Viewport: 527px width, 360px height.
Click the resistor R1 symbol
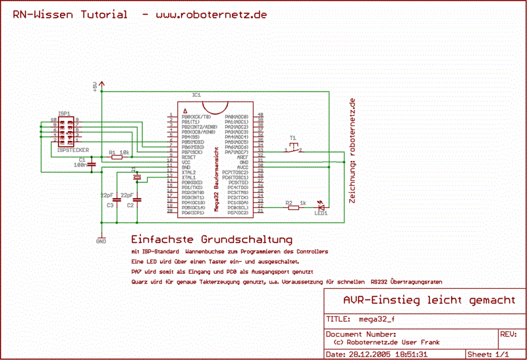point(117,157)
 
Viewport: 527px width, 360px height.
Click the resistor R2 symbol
point(293,208)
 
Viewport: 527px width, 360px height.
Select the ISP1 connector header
point(66,130)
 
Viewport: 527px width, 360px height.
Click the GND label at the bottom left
point(101,242)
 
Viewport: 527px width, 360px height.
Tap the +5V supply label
point(95,86)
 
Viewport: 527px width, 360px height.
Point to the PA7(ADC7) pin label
point(236,152)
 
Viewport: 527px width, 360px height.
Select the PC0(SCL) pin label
point(236,208)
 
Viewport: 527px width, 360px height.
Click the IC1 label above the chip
point(196,95)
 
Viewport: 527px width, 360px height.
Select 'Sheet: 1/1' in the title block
point(488,354)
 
